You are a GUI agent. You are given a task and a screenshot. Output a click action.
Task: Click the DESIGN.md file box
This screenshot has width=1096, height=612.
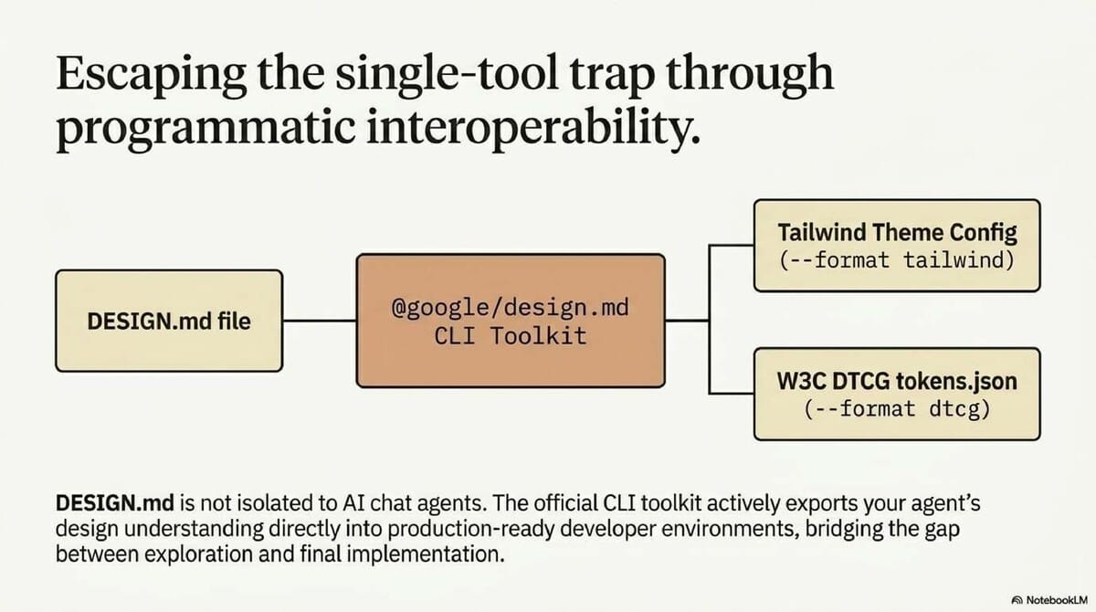coord(169,321)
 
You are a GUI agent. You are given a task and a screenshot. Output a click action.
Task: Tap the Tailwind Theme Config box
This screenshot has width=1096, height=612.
coord(897,245)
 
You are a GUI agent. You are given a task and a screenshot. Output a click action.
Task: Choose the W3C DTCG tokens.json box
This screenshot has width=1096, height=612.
coord(897,393)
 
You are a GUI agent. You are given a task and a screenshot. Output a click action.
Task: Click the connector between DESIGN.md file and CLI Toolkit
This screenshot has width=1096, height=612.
coord(319,321)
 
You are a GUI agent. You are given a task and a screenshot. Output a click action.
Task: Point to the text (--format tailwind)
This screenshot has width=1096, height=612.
coord(897,259)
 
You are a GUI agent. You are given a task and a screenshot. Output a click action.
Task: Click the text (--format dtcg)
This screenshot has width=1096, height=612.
coord(897,408)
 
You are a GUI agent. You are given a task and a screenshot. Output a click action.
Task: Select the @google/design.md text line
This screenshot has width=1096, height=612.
coord(510,308)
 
